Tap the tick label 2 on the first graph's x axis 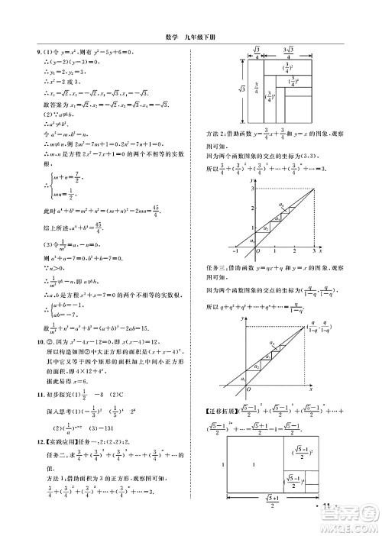[293, 250]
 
